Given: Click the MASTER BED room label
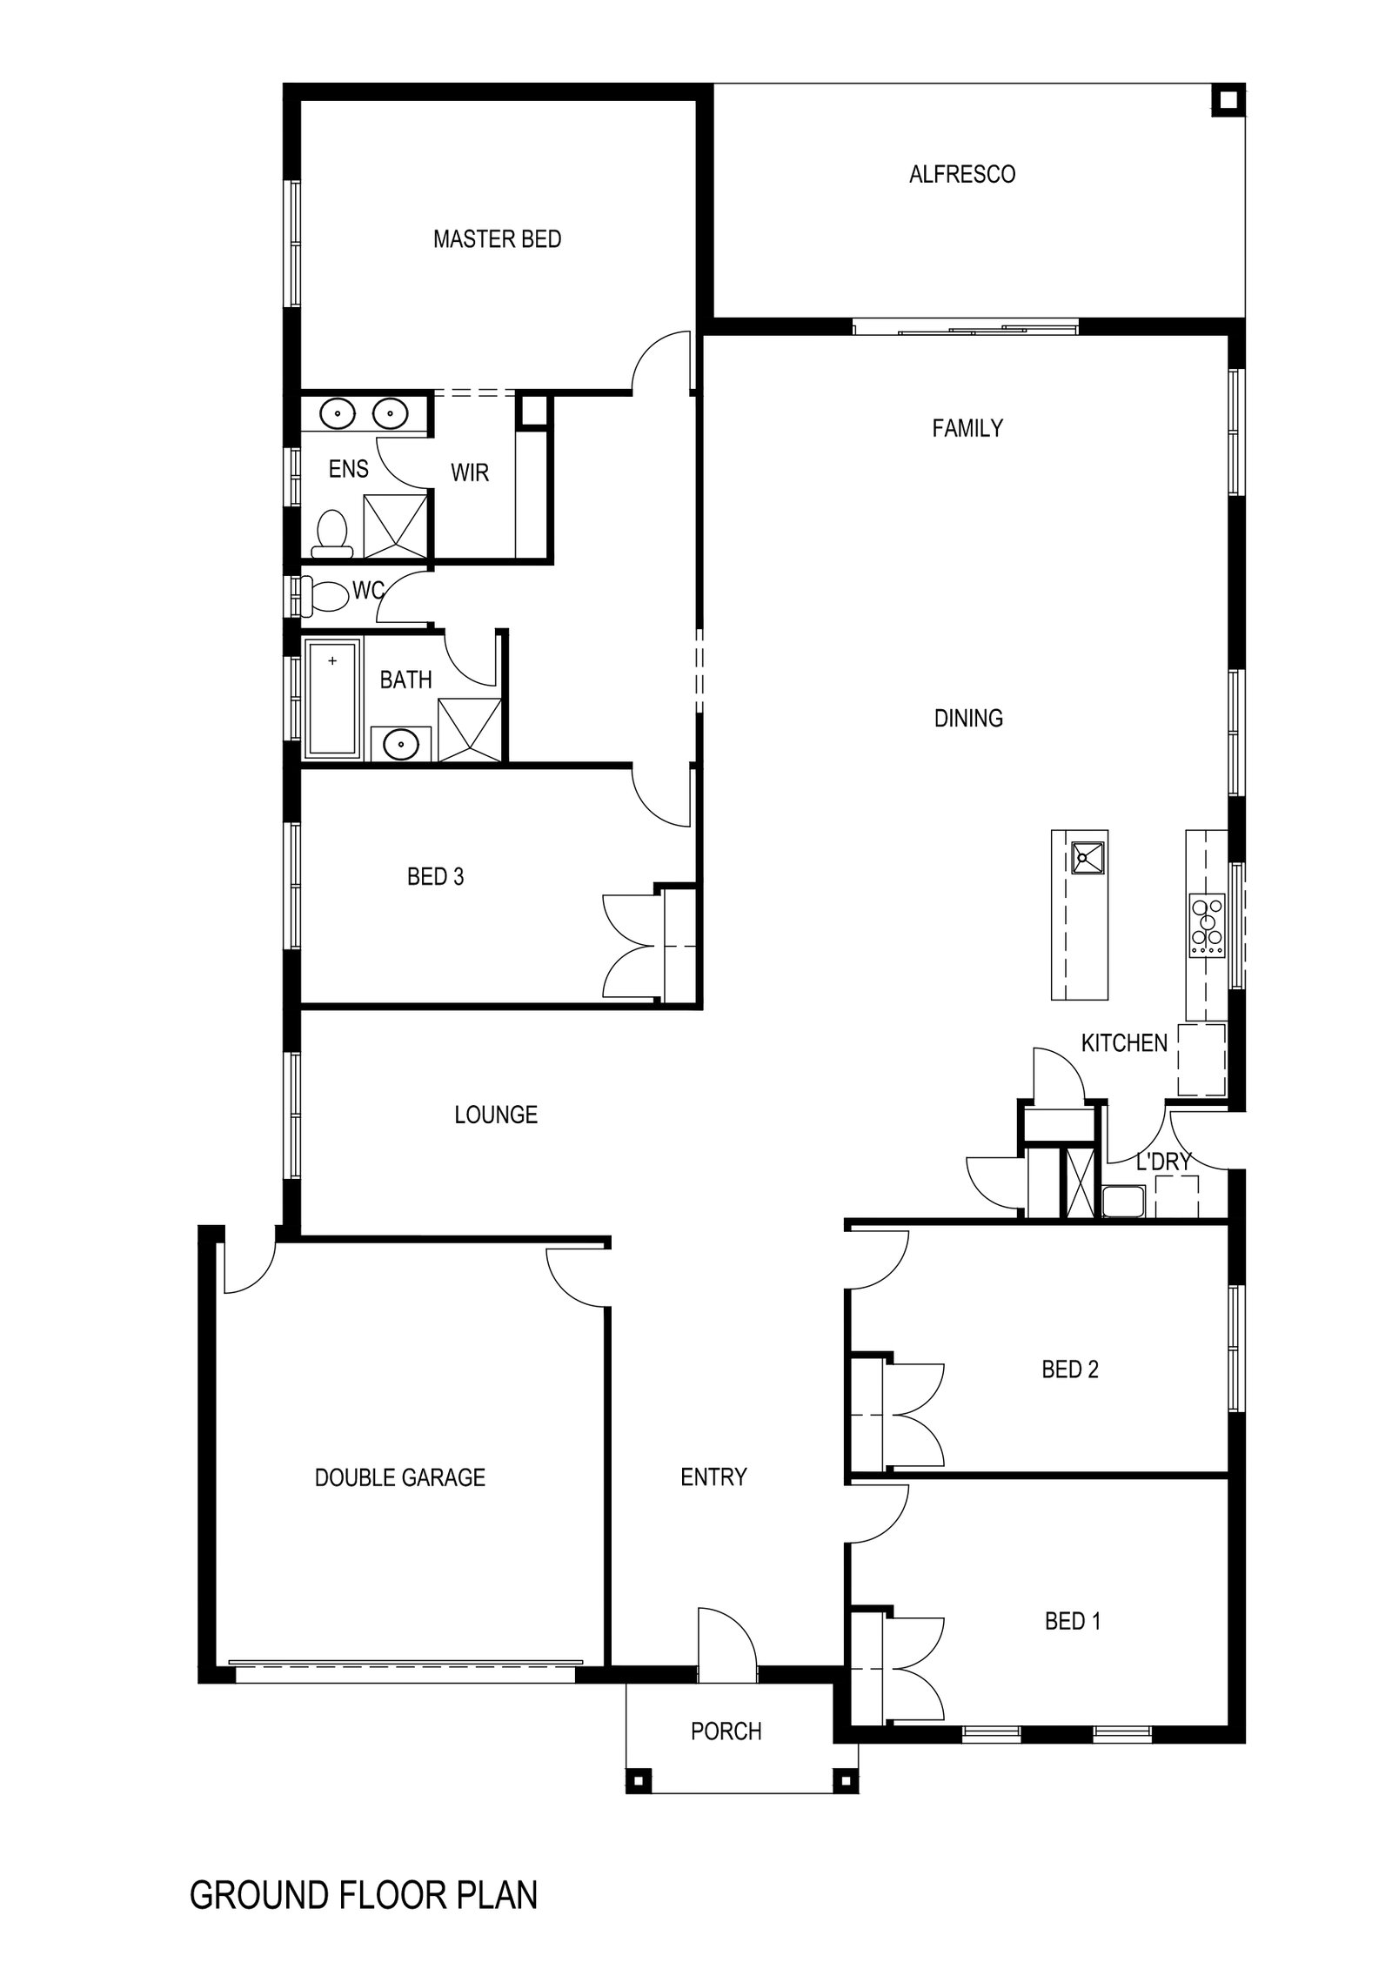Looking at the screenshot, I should coord(497,239).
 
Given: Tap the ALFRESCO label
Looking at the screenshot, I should coord(962,175).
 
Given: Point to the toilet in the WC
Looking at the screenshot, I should coord(325,595).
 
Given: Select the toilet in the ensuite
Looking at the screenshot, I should coord(332,533).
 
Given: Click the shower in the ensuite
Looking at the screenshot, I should coord(395,526).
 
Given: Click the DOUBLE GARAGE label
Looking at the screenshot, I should coord(399,1477).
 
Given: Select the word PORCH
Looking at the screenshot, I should coord(726,1731).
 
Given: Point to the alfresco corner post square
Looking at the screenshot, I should coord(1227,100).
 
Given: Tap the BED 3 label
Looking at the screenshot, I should coord(435,877).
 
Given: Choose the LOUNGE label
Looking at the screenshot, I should coord(496,1115).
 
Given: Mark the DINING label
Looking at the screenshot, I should coord(968,719).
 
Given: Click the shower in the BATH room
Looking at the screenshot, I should coord(470,729).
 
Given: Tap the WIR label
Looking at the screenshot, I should coord(470,473).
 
